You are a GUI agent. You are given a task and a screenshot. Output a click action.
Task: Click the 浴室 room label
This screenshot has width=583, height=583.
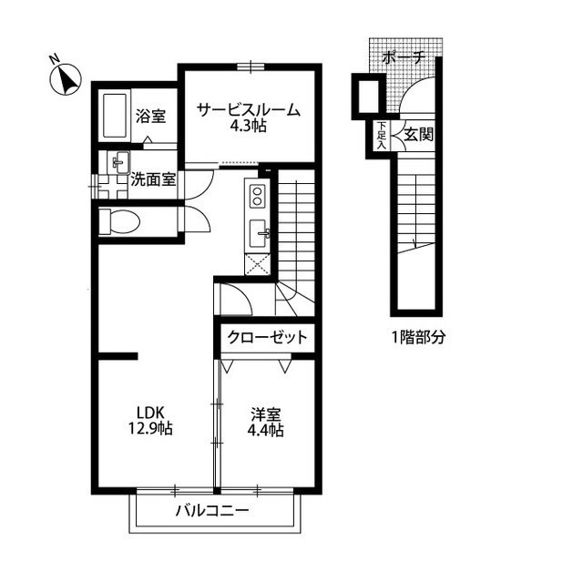point(150,116)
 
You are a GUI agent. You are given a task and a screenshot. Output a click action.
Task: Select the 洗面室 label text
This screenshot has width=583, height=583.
point(153,179)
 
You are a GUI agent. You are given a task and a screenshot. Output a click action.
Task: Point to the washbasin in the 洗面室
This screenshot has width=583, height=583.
point(118,163)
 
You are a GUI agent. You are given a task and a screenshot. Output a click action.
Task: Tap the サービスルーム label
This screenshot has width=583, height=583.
point(248,110)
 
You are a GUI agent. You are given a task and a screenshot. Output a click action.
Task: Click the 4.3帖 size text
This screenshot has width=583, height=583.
point(248,128)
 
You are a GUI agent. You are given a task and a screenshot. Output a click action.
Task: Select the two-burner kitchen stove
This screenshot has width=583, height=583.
point(257,196)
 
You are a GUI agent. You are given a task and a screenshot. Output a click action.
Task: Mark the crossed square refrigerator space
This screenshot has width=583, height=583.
point(257,263)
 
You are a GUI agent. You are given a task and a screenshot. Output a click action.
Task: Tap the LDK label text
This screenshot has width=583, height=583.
point(151,410)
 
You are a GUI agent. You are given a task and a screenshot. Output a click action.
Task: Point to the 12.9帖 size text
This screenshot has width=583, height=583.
point(151,428)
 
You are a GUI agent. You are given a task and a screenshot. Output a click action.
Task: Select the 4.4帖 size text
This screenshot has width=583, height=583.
point(266,430)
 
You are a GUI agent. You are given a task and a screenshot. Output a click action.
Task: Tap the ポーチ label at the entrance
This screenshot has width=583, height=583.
point(404,56)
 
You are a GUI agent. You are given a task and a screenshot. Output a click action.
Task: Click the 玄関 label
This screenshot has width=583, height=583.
point(418,135)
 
